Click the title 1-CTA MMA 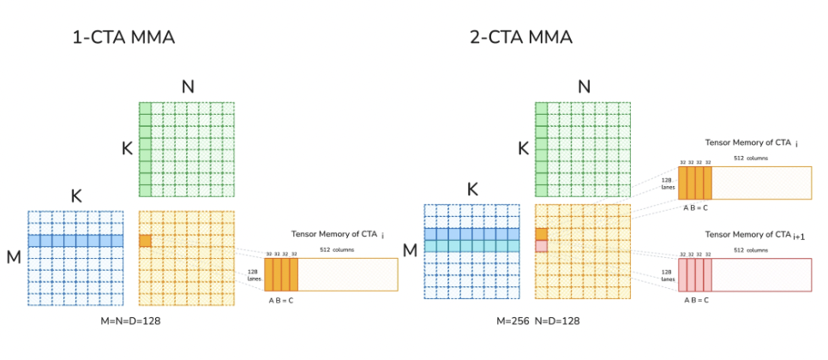[x=124, y=38]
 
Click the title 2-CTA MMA [x=520, y=38]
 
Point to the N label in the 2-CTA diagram [x=584, y=86]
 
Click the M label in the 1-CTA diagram [x=14, y=256]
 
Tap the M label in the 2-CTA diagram [x=410, y=249]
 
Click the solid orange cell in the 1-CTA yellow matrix [x=145, y=241]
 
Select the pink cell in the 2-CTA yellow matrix [x=541, y=246]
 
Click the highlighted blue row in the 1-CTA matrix [x=75, y=241]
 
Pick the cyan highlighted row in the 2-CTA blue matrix [x=471, y=246]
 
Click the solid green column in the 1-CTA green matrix [x=145, y=149]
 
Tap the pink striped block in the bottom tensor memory [x=695, y=274]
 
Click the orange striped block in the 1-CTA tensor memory [x=281, y=274]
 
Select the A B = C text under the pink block [x=695, y=300]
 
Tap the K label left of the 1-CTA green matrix [x=127, y=148]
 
